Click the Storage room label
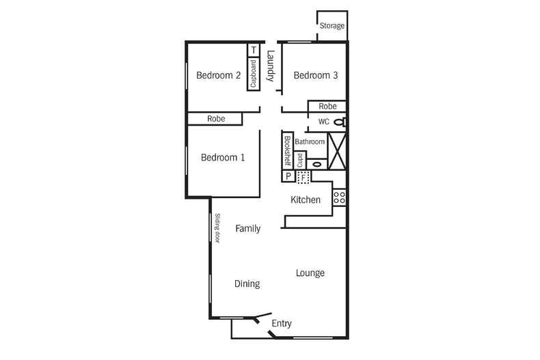(x=332, y=26)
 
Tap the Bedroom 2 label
(x=218, y=76)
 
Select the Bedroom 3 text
(x=316, y=76)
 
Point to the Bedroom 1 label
(x=223, y=158)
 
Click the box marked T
(x=254, y=50)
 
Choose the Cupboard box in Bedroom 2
(x=254, y=74)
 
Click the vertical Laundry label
(x=271, y=66)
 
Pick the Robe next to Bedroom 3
(x=327, y=107)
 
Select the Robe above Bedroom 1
(x=216, y=120)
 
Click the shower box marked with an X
(x=338, y=150)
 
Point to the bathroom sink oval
(x=316, y=164)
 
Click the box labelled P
(x=288, y=176)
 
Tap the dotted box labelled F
(x=303, y=176)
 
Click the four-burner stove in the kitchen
(x=339, y=198)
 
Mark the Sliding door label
(x=217, y=229)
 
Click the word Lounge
(x=310, y=273)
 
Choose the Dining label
(x=247, y=283)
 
